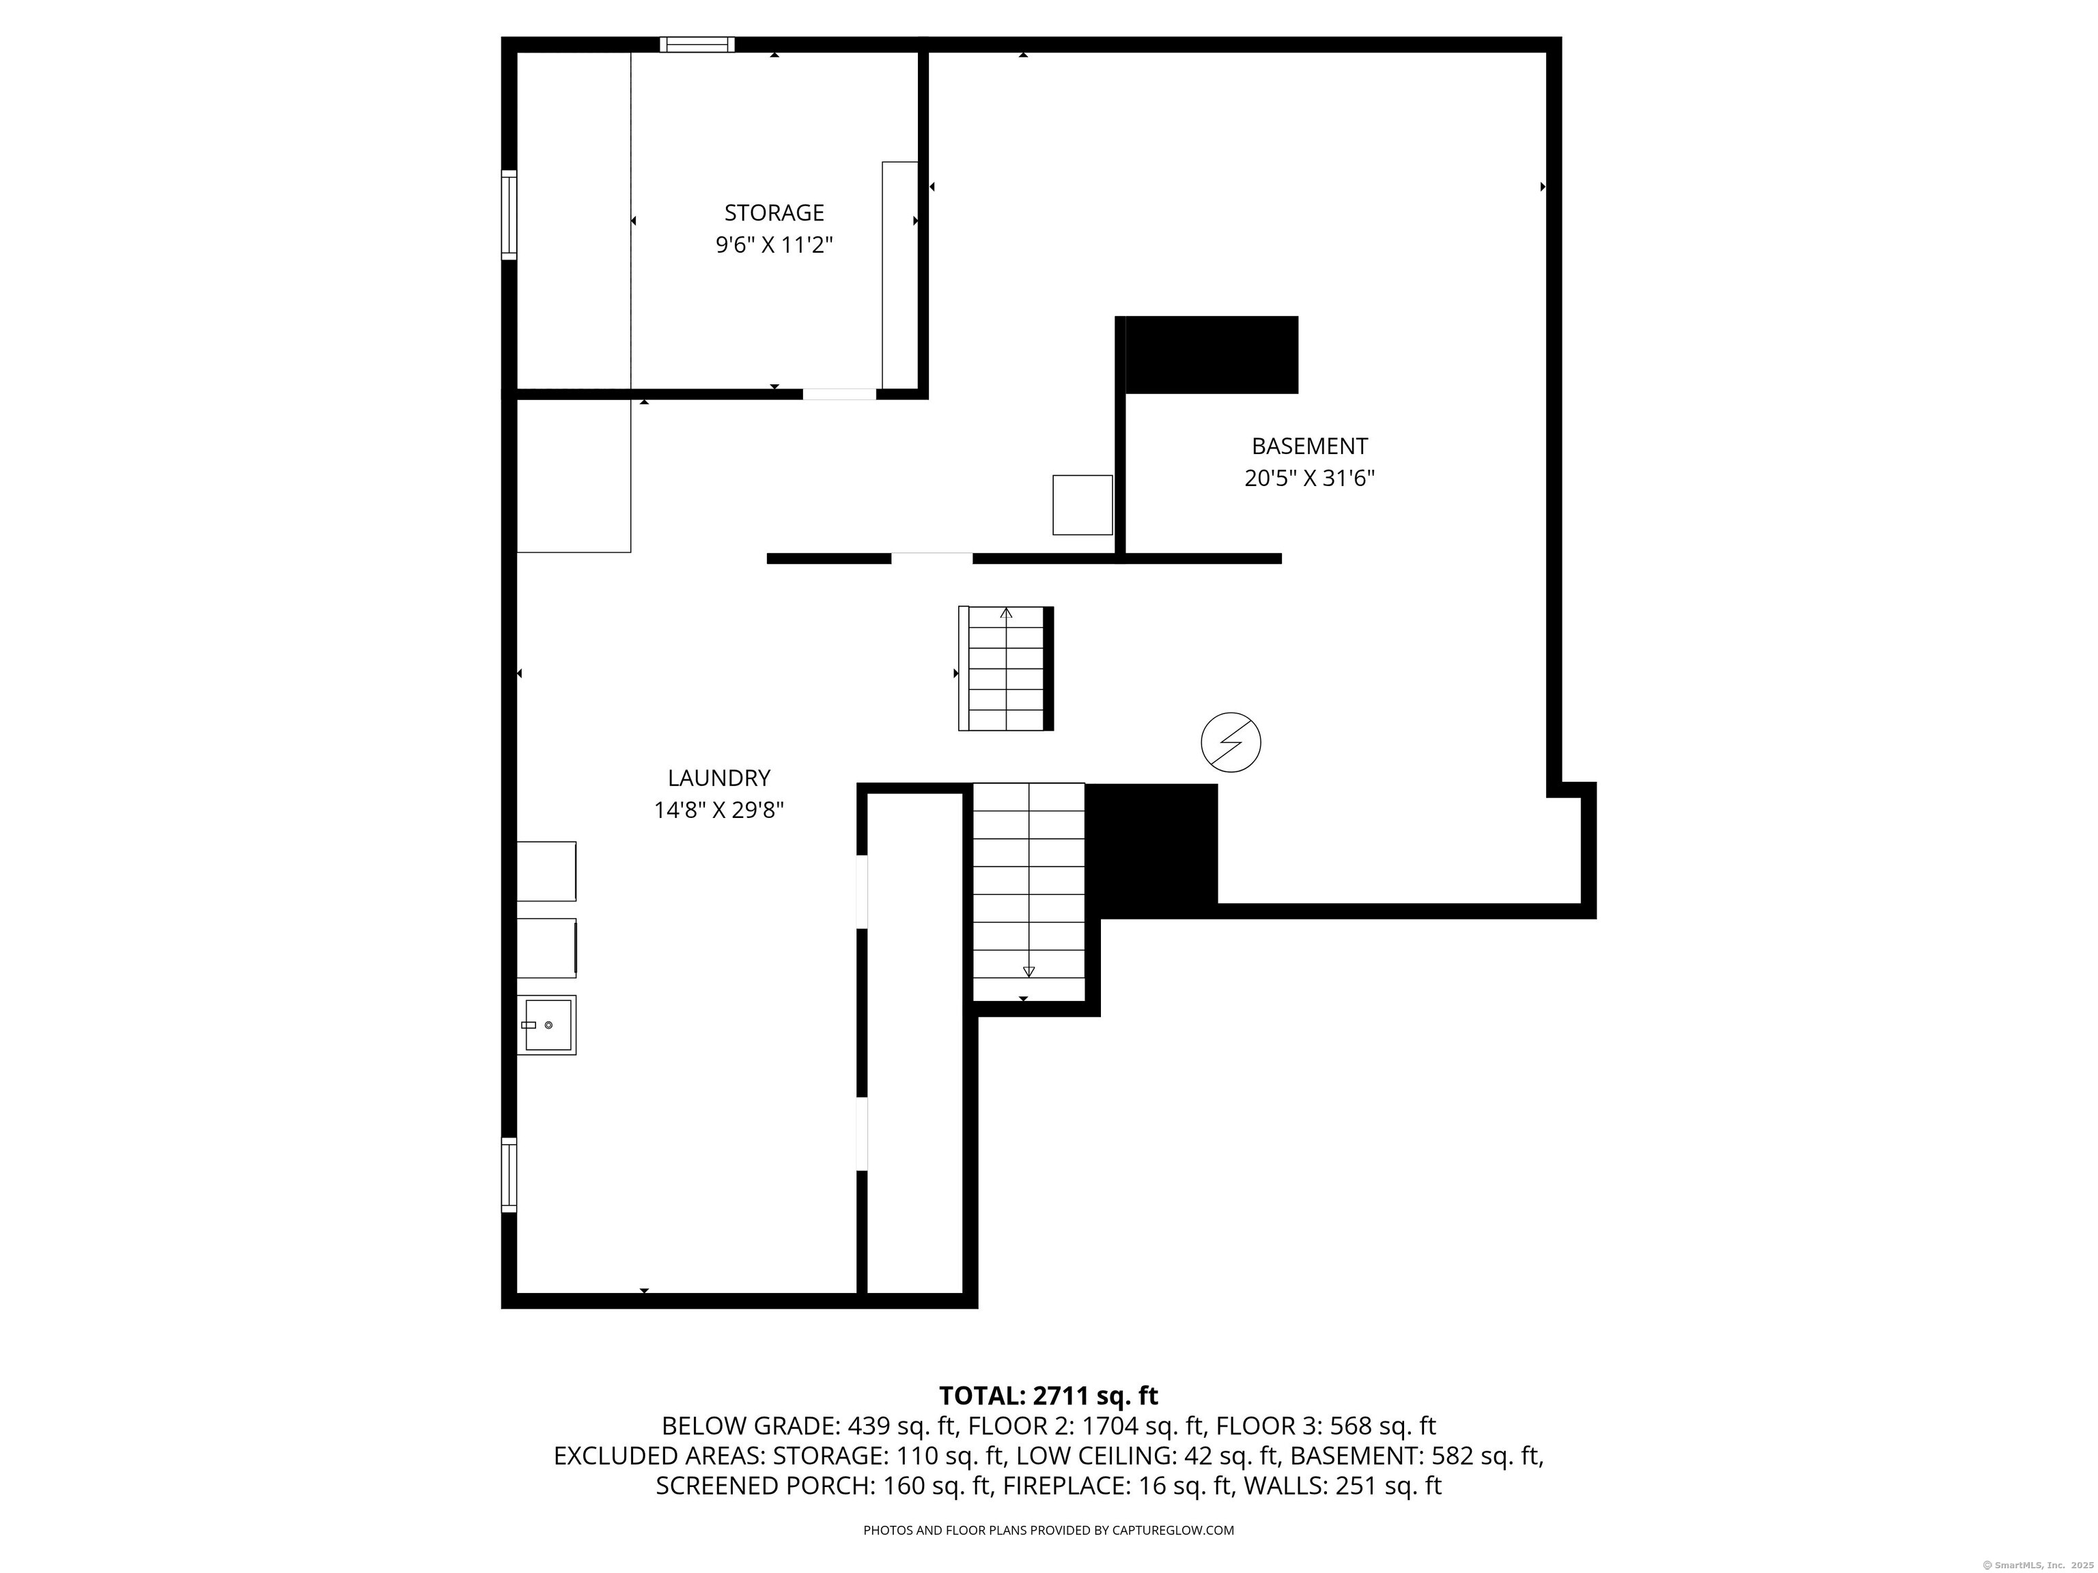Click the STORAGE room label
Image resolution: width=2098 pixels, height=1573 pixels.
click(774, 212)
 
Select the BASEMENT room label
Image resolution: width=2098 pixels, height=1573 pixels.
click(1310, 446)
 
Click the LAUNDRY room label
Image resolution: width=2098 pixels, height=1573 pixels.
click(719, 778)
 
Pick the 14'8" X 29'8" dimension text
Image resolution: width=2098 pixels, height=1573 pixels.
click(719, 810)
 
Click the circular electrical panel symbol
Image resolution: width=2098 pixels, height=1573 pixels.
click(1231, 741)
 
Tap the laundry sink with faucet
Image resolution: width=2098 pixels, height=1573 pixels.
click(546, 1024)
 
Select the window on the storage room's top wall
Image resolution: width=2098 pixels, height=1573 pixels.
click(697, 44)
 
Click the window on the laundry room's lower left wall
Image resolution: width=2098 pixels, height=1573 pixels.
click(509, 1175)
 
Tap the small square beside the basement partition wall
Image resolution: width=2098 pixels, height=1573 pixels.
click(1082, 505)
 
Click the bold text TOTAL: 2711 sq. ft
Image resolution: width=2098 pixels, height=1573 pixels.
click(1048, 1395)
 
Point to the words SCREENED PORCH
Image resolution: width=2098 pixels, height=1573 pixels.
click(764, 1486)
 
